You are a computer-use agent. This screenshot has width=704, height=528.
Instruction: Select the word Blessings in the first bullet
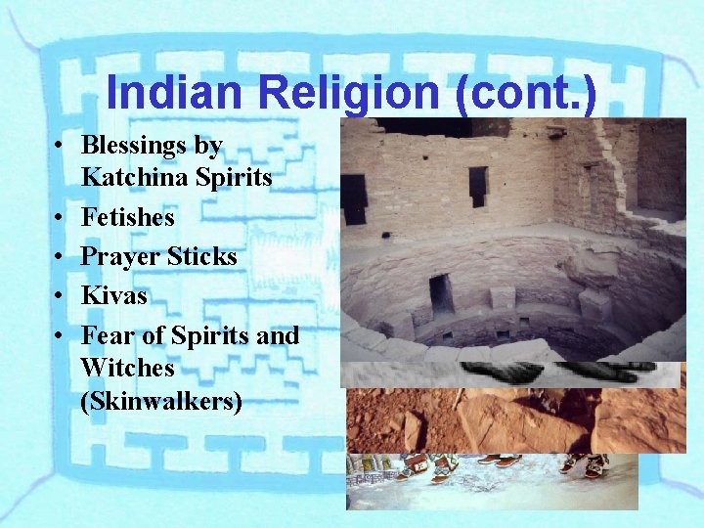(138, 146)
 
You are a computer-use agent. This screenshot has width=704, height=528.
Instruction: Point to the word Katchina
(127, 178)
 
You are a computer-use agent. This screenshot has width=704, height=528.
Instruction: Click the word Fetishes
(128, 216)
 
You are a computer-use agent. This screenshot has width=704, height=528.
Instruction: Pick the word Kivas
(113, 295)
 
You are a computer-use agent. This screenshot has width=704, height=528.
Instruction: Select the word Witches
(127, 368)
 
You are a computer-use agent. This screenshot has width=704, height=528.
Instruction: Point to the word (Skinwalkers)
(160, 401)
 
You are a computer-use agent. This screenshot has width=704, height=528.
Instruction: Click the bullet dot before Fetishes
(60, 217)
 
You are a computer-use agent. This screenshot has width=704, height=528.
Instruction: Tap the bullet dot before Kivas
(60, 296)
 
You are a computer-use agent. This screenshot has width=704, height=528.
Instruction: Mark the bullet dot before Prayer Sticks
(60, 257)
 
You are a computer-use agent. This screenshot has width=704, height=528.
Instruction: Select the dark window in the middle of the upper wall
(478, 185)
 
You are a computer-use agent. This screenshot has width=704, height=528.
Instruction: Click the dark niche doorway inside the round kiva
(441, 292)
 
